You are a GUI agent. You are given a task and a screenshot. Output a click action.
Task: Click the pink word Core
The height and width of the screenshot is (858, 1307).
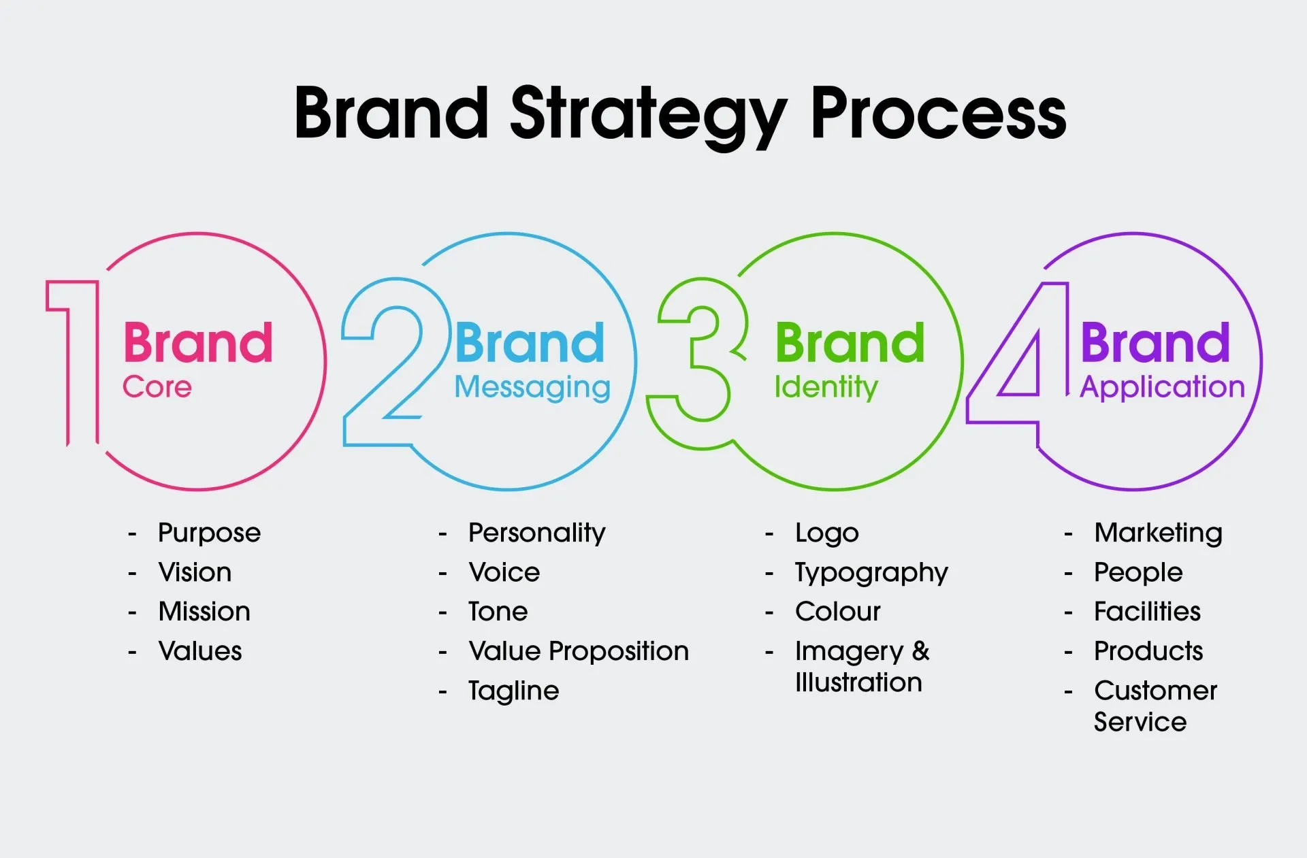(157, 387)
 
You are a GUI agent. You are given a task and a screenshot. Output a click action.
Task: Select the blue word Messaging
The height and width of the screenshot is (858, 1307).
(532, 388)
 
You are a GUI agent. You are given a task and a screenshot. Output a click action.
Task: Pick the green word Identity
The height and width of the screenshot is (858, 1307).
(826, 387)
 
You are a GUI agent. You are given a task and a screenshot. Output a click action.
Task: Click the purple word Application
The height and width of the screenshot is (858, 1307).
(1162, 387)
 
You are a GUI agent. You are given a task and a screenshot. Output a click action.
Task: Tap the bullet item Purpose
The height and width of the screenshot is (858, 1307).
(209, 533)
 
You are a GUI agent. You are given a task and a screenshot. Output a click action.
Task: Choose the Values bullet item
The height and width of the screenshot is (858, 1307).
(200, 651)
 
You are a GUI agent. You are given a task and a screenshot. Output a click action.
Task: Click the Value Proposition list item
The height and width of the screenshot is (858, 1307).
(579, 651)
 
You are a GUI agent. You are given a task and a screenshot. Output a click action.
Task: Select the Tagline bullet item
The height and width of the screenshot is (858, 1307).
(513, 691)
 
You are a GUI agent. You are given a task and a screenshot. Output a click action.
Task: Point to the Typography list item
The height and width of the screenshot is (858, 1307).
(871, 573)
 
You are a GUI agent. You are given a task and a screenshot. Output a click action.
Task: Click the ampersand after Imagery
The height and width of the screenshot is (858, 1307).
(920, 651)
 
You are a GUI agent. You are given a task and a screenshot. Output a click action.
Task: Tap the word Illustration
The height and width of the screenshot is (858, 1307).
(858, 682)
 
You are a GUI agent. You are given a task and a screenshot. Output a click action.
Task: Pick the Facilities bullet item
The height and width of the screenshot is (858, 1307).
(1147, 612)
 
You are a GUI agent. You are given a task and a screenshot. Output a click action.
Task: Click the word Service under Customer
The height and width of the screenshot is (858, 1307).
(1140, 722)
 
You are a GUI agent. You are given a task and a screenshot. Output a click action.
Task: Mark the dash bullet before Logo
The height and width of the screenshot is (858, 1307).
(769, 534)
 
